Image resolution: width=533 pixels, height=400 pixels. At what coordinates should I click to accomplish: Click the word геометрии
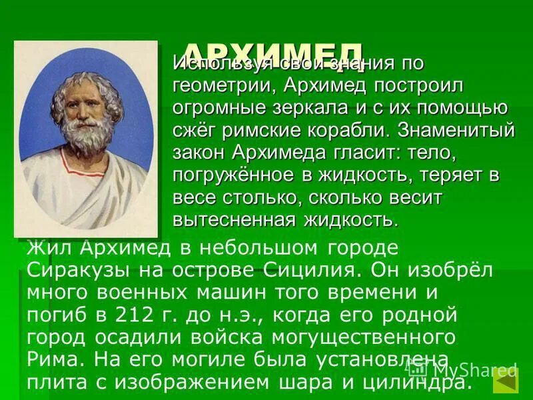[x=221, y=86]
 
